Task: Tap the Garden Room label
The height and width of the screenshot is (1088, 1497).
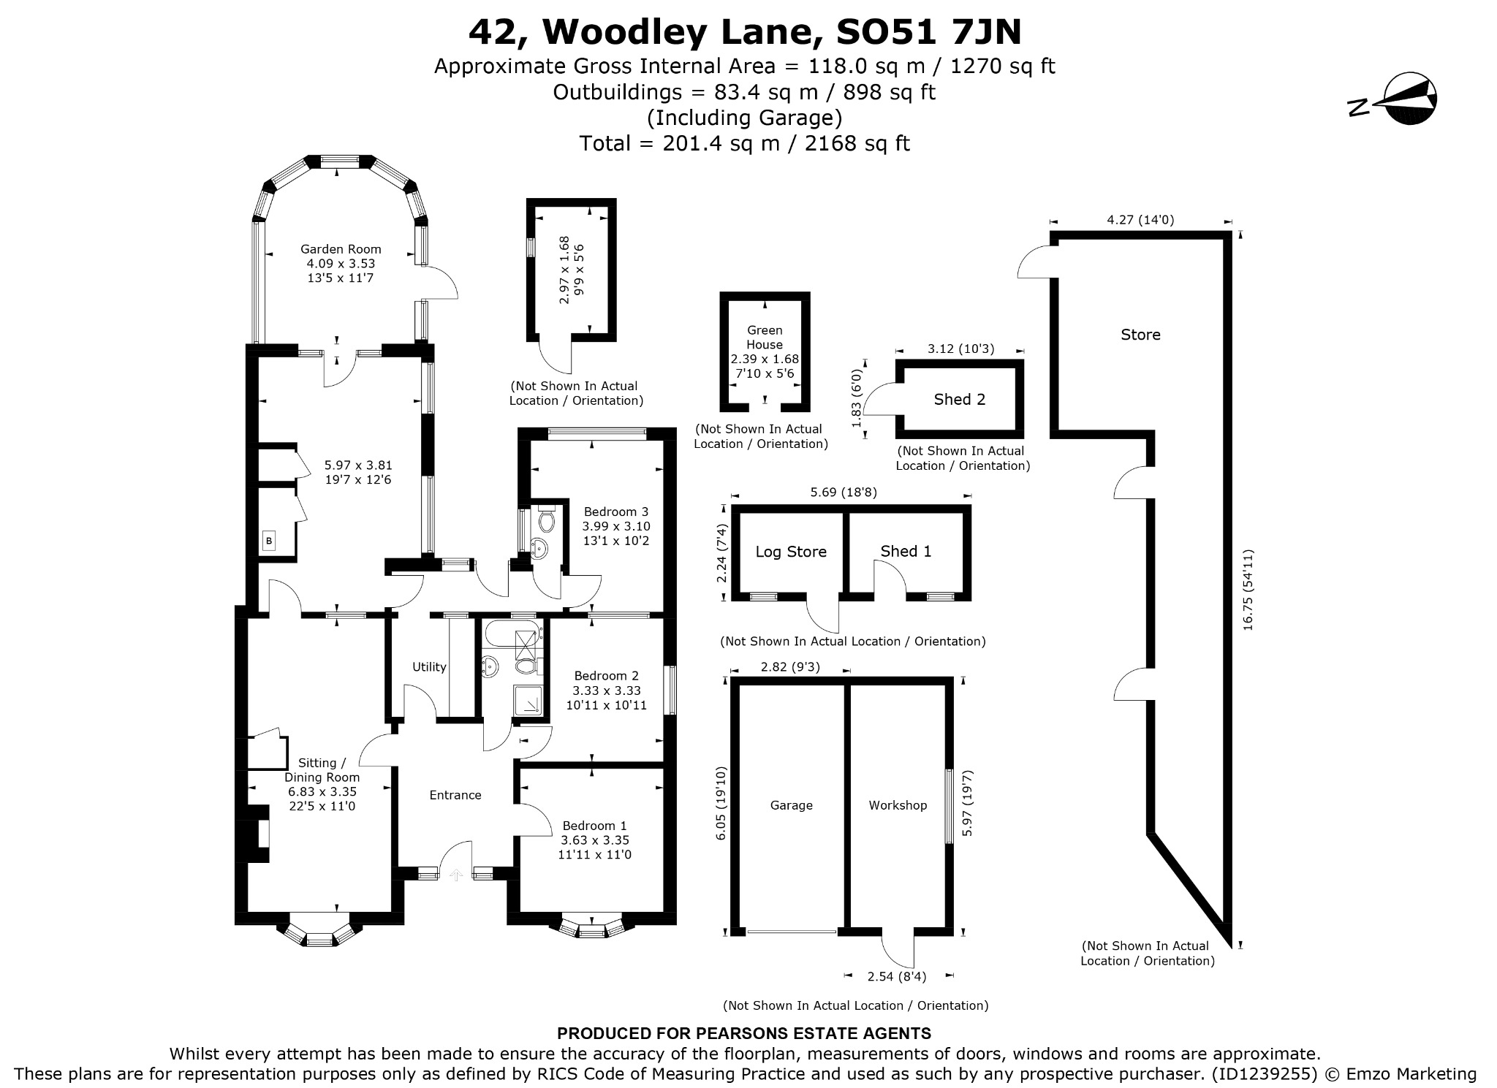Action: point(341,249)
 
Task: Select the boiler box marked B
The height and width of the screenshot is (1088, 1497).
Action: point(269,541)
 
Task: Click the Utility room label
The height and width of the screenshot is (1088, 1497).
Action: point(429,666)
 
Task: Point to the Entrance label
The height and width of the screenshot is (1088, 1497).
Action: point(455,795)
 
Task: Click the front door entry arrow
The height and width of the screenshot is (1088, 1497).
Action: point(456,874)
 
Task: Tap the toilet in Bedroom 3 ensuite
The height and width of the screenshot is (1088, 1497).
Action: point(546,520)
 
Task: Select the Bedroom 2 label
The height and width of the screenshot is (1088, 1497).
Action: point(607,676)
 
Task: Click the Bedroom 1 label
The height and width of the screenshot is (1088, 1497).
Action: point(594,826)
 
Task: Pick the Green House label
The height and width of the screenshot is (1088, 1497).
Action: point(765,338)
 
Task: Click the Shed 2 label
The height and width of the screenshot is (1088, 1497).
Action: point(960,399)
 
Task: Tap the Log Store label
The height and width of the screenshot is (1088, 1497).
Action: point(791,552)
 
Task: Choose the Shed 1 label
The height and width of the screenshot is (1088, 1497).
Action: point(906,551)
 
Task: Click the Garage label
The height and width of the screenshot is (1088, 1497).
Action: point(792,805)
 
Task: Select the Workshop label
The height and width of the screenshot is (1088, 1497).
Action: point(898,805)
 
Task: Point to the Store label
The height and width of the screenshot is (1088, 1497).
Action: point(1140,335)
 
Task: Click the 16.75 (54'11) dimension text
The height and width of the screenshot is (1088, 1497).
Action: point(1248,590)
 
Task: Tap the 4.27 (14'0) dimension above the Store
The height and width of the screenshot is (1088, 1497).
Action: point(1140,219)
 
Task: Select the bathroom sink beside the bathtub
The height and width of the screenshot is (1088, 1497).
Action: point(490,666)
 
